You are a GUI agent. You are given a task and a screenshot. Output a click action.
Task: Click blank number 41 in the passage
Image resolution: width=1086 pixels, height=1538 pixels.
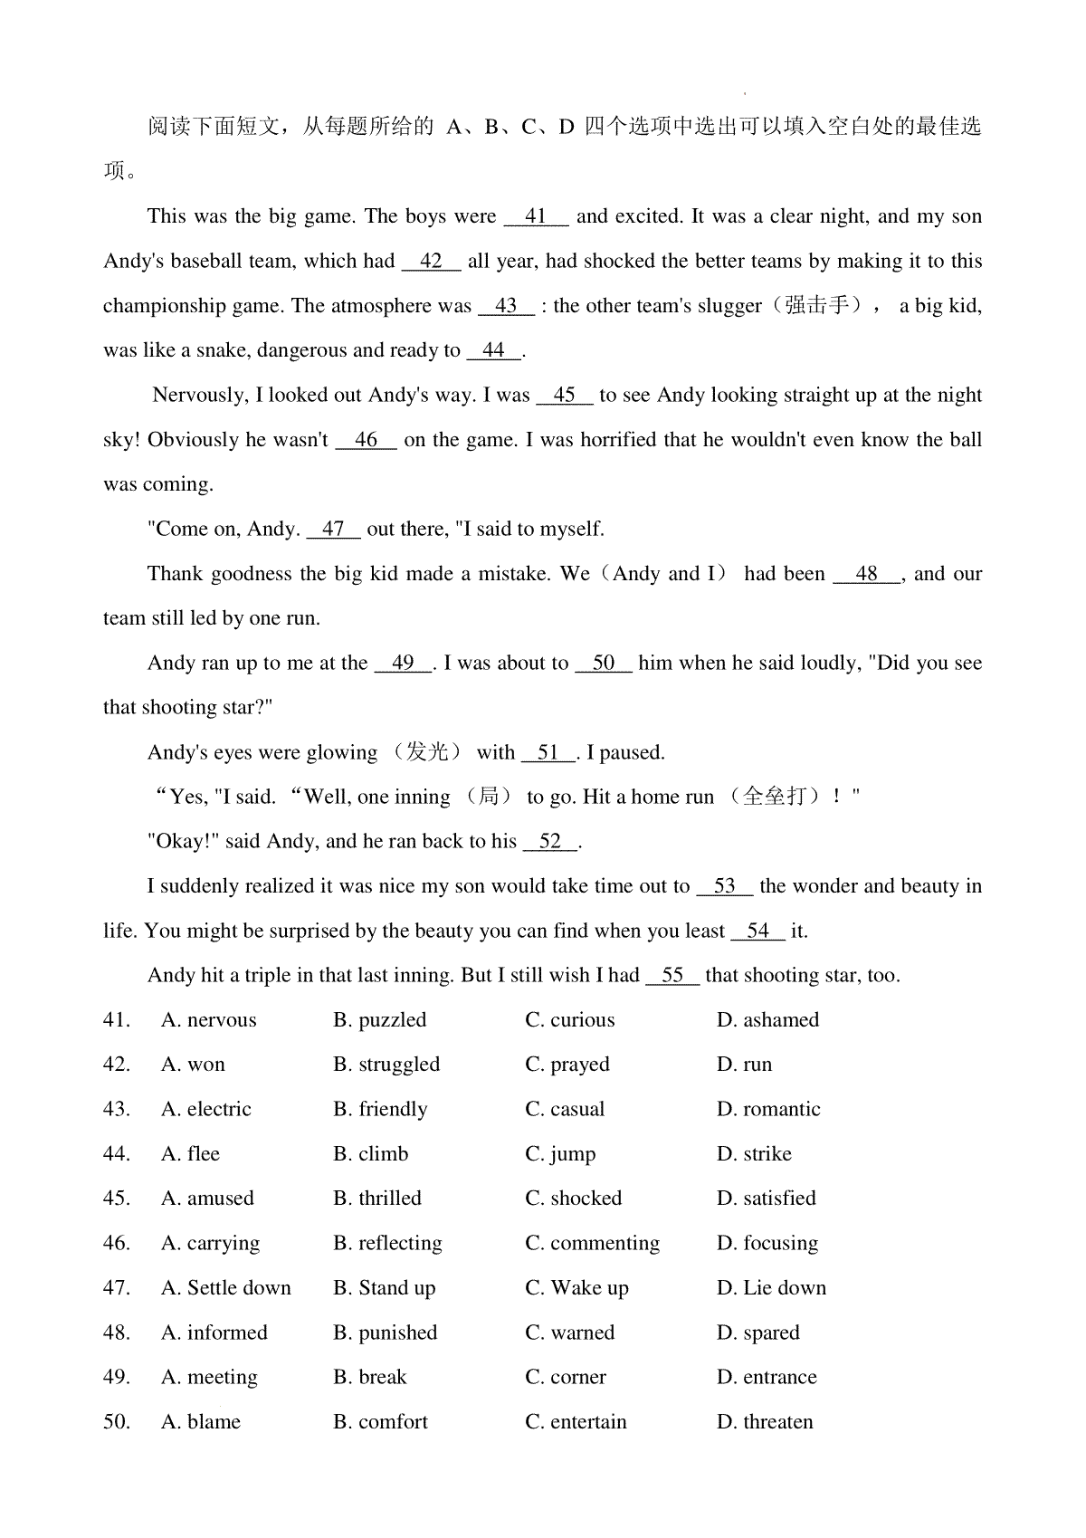coord(536,216)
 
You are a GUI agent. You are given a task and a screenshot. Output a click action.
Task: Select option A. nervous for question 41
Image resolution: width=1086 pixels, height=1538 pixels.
coord(209,1020)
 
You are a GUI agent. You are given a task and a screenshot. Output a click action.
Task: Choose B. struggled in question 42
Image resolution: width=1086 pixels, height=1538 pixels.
coord(386,1065)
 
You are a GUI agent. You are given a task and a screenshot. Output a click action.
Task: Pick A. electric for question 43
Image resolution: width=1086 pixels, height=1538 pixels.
coord(206,1110)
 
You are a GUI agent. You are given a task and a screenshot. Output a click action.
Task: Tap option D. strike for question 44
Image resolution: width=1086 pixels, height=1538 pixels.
coord(754,1154)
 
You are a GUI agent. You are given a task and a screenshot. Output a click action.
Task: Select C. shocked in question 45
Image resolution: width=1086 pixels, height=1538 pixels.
coord(573,1199)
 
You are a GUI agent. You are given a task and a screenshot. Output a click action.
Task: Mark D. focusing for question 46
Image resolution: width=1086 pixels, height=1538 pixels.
coord(767,1244)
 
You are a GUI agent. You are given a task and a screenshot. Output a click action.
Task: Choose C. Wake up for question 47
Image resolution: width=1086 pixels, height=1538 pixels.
coord(576,1288)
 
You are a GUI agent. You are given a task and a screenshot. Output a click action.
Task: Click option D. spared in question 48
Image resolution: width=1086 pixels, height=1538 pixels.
coord(758,1333)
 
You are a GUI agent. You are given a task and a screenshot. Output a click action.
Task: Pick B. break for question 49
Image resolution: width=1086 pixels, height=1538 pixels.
coord(370,1378)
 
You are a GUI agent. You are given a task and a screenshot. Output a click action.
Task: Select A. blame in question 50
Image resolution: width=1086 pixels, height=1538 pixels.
coord(201,1422)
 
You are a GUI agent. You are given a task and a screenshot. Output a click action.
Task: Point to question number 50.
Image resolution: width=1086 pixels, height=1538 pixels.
coord(117,1422)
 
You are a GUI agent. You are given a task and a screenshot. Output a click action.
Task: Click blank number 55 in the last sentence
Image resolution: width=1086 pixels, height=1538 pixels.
coord(672,976)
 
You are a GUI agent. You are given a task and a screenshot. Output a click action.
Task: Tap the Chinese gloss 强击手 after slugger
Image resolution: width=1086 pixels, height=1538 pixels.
coord(817,305)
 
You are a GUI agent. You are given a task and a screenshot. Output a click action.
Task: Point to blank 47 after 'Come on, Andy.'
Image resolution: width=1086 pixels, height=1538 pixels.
coord(333,529)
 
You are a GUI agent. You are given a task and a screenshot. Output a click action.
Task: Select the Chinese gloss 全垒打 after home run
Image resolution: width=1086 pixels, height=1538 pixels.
coord(774,797)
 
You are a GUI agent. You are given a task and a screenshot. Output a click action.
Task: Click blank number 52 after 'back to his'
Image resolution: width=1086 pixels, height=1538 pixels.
coord(549,842)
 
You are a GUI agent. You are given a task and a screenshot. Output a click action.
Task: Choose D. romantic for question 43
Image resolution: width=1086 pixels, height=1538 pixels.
coord(768,1110)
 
